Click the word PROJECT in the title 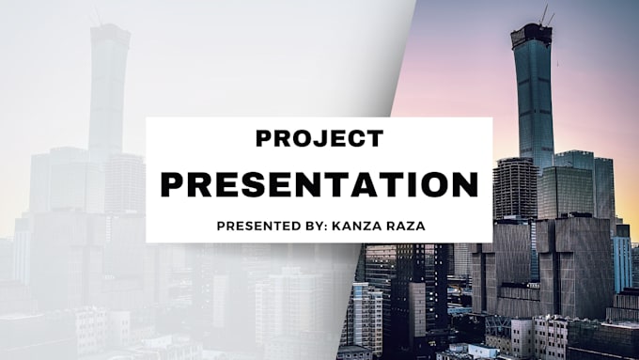[319, 139]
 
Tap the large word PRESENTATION [319, 183]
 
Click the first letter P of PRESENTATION [172, 183]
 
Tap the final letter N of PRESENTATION [466, 183]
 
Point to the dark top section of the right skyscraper [532, 36]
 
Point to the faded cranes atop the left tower [97, 15]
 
